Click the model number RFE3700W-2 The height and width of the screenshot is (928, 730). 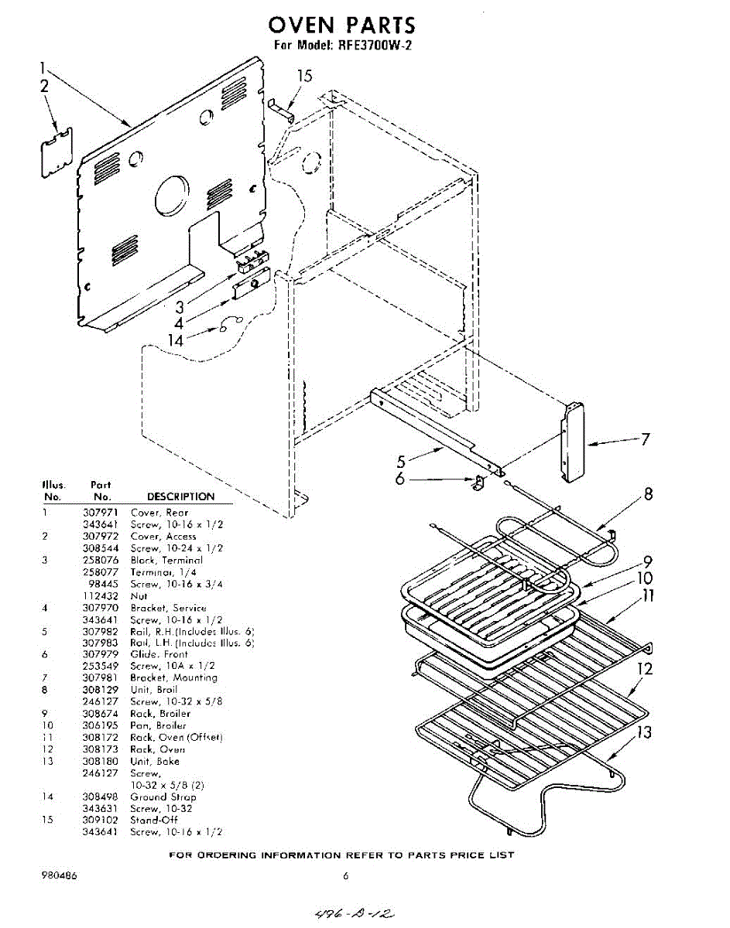click(374, 45)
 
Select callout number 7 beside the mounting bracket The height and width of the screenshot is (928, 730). click(644, 440)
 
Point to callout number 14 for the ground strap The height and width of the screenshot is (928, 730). click(177, 339)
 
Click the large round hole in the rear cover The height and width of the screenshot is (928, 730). click(171, 196)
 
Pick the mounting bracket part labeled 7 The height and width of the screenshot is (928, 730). click(573, 442)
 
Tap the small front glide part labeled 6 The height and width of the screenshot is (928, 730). click(478, 483)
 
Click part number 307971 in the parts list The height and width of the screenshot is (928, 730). click(98, 513)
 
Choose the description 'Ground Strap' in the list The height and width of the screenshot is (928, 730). click(163, 797)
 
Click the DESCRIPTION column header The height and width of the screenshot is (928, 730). click(180, 496)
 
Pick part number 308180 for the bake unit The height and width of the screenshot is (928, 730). click(98, 761)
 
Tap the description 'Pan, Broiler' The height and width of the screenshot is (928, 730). click(158, 725)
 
